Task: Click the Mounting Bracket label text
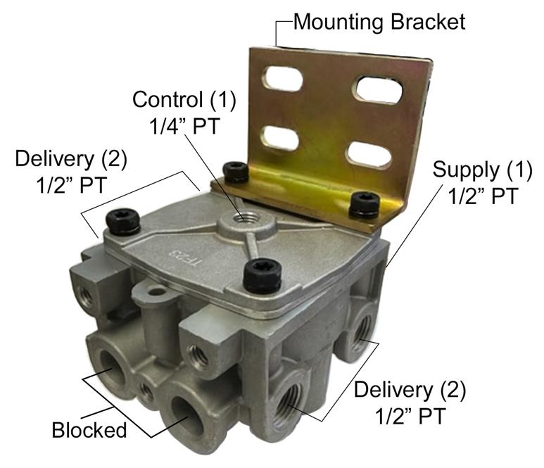[x=379, y=22]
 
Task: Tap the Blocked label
[x=89, y=430]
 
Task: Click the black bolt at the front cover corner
[x=262, y=277]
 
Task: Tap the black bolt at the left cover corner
[x=123, y=222]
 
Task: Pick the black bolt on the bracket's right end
[x=365, y=205]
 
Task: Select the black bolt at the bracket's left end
[x=236, y=172]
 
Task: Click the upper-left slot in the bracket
[x=282, y=79]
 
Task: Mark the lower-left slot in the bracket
[x=279, y=138]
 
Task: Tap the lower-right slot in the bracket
[x=369, y=155]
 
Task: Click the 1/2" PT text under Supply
[x=483, y=196]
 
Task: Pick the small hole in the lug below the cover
[x=157, y=292]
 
